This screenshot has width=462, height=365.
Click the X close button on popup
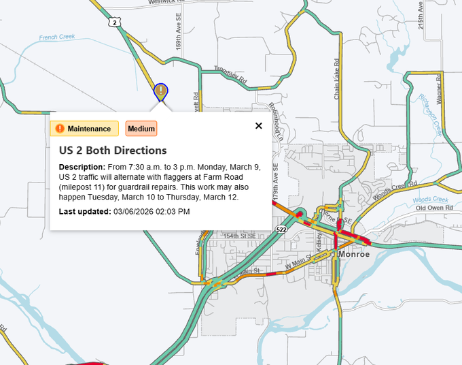click(258, 125)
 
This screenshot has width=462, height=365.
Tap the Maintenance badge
click(84, 129)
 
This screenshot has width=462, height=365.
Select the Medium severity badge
click(141, 129)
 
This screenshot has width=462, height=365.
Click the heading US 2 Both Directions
click(113, 150)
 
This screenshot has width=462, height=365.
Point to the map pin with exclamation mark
click(160, 91)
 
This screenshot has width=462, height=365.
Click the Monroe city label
click(355, 254)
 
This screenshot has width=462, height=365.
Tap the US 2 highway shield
click(115, 22)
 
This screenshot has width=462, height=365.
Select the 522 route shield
click(281, 229)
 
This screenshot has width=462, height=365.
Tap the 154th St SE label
click(240, 236)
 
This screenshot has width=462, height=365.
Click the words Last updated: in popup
click(84, 211)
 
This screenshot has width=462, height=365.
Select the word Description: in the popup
click(82, 167)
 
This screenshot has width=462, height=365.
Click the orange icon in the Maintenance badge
click(60, 129)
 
